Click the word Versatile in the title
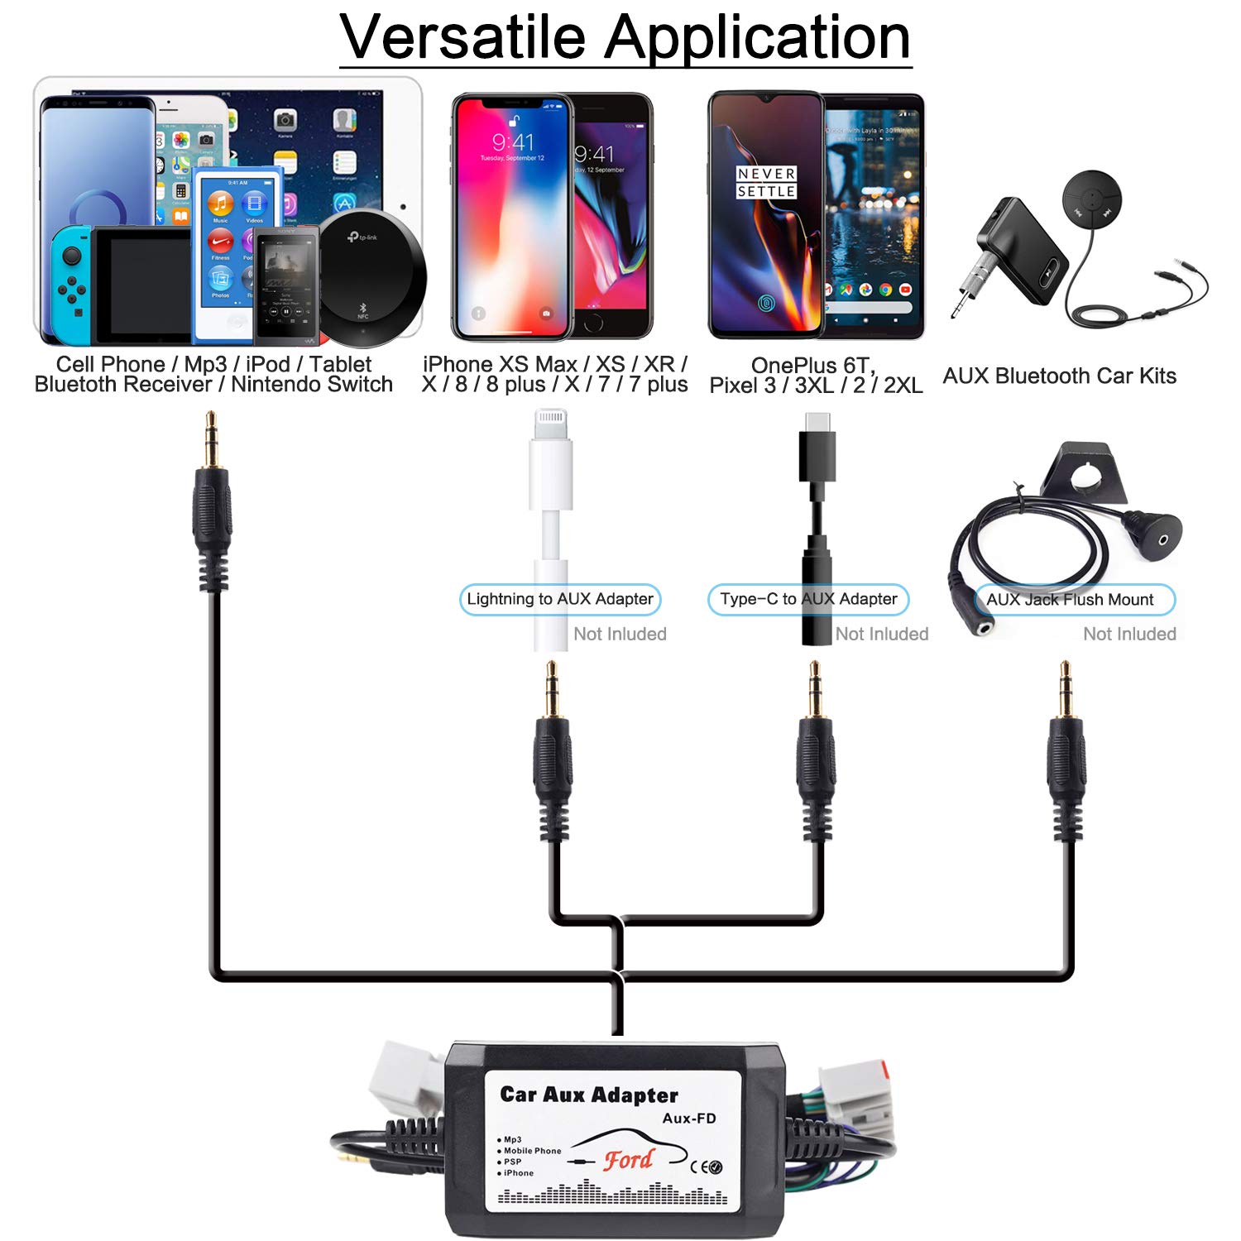(462, 37)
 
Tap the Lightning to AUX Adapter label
(560, 599)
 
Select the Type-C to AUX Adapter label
(808, 599)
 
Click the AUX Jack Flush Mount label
(1070, 600)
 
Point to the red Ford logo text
(628, 1159)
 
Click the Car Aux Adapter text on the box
(589, 1095)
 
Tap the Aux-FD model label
(689, 1119)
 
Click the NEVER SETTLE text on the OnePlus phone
(766, 183)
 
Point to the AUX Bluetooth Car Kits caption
(1059, 376)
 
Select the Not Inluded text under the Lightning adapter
(620, 634)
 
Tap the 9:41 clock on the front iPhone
(513, 142)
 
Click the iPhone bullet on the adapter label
(518, 1173)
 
